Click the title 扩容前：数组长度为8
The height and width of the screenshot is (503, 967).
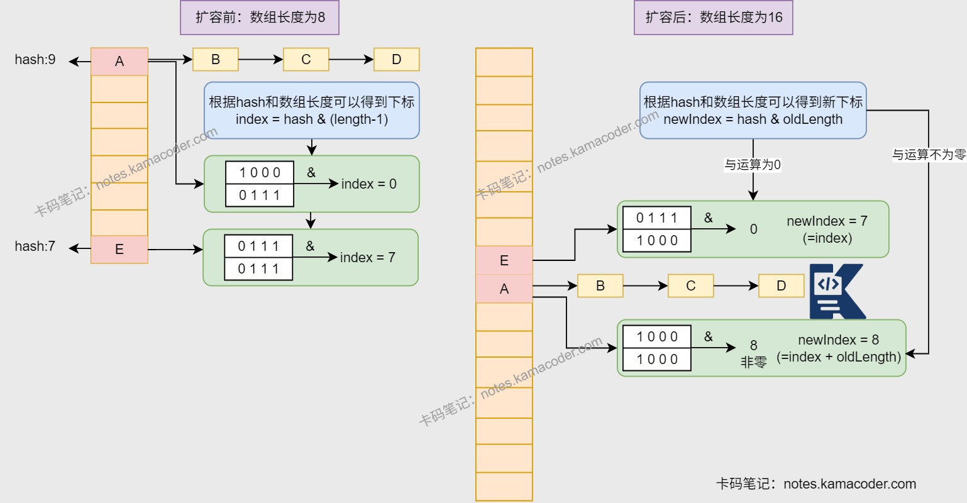[260, 18]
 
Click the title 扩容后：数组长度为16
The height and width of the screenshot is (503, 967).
[713, 18]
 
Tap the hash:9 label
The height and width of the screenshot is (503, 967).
[35, 60]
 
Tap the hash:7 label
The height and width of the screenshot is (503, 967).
[35, 246]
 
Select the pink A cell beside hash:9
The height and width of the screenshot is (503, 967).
[119, 62]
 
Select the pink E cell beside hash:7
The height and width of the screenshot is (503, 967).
[119, 250]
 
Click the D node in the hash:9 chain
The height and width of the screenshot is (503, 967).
[396, 60]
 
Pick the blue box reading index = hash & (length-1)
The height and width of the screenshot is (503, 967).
[311, 111]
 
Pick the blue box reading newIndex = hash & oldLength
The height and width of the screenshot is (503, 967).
[753, 111]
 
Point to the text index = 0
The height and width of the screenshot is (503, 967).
[368, 184]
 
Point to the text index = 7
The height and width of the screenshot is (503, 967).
[367, 258]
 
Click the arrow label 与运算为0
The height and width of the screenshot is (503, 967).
[753, 165]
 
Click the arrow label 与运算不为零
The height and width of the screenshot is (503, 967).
[929, 155]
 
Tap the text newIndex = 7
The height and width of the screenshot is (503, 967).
[827, 221]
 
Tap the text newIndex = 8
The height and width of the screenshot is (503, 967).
[838, 340]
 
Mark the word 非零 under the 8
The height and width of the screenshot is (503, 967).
[753, 362]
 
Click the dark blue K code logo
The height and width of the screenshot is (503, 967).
[837, 292]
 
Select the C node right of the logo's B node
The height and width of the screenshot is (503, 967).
[690, 286]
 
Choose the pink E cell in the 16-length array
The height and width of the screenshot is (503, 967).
[504, 261]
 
